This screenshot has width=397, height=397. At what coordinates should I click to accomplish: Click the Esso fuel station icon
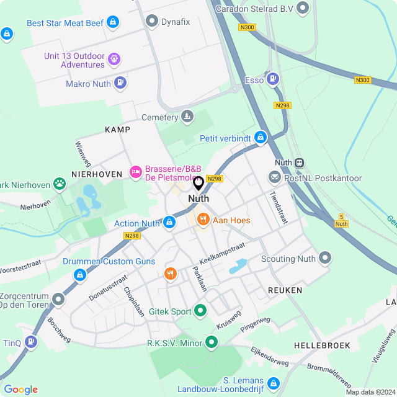click(273, 79)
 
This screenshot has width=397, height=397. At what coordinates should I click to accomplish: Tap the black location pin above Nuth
click(198, 184)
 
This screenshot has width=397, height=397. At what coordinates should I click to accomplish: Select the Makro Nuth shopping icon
click(120, 83)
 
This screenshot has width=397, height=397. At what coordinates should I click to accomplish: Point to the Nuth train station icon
click(300, 163)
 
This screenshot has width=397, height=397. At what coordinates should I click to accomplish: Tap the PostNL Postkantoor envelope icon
click(274, 178)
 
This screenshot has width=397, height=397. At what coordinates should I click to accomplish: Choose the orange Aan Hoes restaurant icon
click(202, 220)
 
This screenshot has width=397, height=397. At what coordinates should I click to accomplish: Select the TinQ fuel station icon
click(31, 342)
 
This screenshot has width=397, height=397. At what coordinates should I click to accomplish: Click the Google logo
click(20, 389)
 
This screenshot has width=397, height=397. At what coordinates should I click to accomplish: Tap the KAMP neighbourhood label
click(117, 130)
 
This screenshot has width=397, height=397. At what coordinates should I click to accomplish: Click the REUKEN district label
click(285, 290)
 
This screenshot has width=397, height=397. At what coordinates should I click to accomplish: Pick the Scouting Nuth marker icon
click(325, 259)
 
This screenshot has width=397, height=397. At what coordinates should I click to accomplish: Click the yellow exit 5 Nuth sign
click(341, 220)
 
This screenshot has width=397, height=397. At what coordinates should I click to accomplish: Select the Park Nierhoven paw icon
click(59, 183)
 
